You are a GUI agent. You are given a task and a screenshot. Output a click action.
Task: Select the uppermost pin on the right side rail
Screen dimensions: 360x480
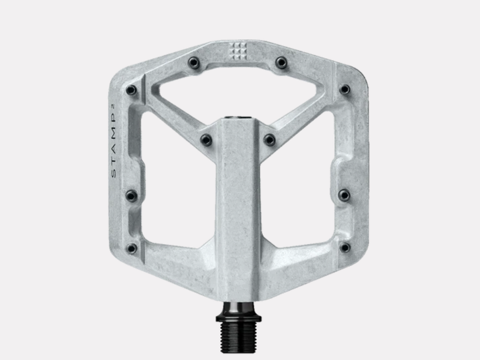[x=344, y=89]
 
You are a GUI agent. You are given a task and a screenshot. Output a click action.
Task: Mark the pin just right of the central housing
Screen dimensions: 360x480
[x=269, y=140]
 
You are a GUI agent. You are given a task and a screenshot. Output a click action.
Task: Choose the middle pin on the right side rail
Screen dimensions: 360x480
[x=344, y=194]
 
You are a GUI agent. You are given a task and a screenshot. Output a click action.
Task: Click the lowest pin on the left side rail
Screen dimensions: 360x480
[x=131, y=247]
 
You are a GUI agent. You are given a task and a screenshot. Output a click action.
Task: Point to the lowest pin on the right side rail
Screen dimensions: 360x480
[x=345, y=247]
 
